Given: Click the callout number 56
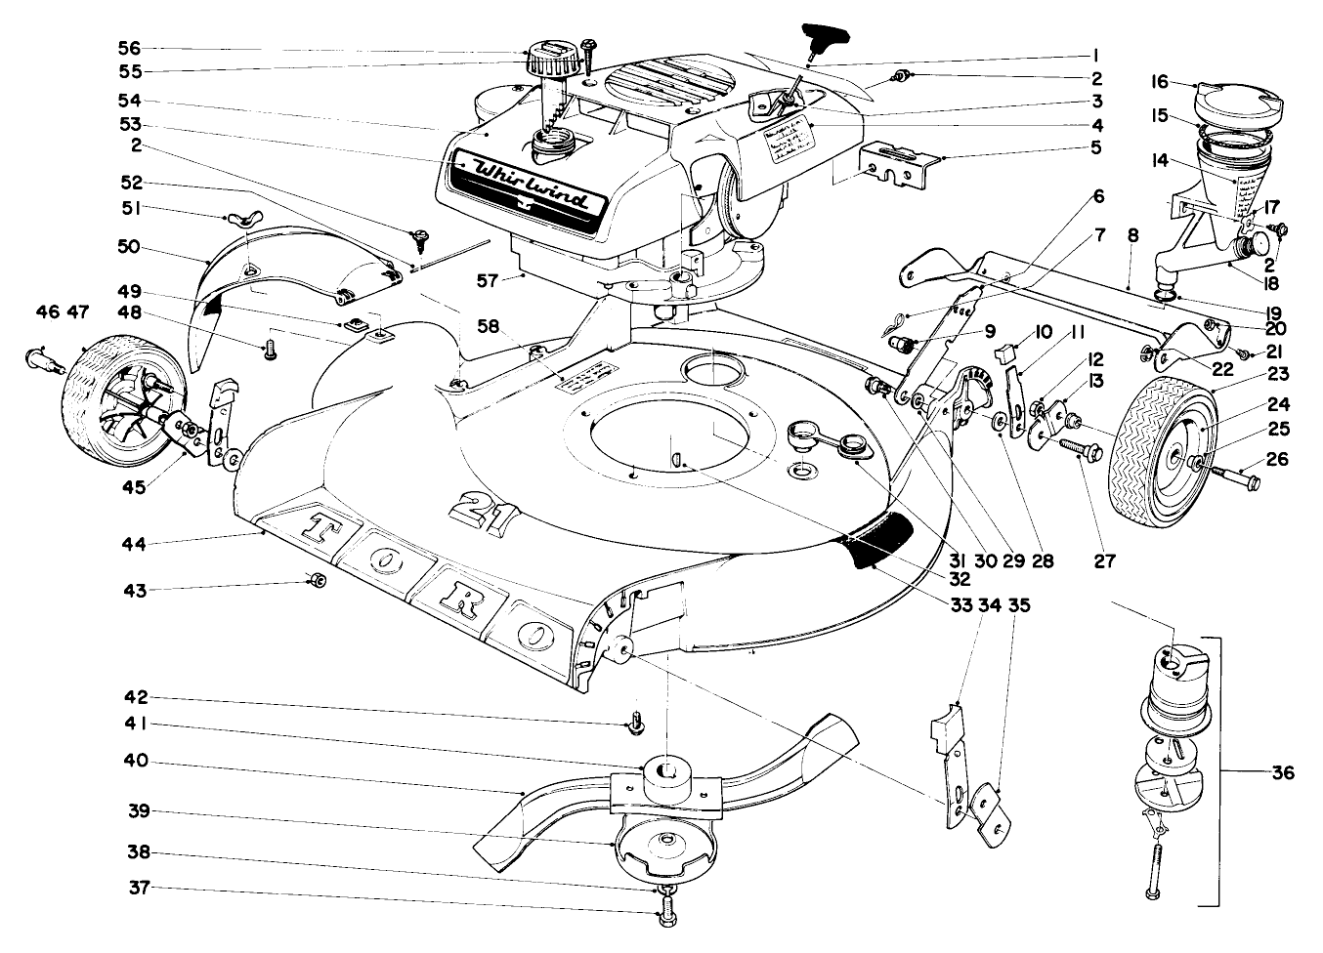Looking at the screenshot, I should pos(129,48).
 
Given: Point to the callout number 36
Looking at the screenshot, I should pos(1283,773).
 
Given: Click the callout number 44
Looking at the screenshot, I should pos(133,543).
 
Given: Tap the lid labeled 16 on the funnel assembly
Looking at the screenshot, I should pos(1234,102).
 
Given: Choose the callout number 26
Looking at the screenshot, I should pos(1278,459).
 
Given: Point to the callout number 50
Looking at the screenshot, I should pos(129,248).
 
